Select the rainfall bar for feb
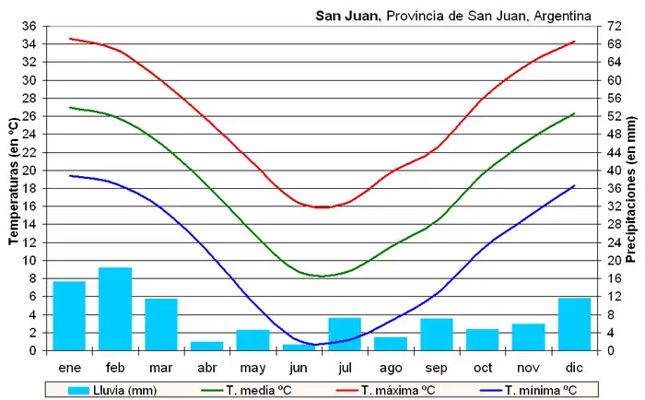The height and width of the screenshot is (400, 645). click(115, 309)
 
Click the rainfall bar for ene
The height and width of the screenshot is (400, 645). click(69, 315)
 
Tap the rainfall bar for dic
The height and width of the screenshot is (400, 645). click(574, 324)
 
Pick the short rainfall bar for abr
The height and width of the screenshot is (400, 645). click(206, 346)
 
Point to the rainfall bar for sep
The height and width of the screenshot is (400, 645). click(437, 334)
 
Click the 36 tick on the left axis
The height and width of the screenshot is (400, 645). click(28, 26)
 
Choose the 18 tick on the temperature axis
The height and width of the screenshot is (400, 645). click(28, 188)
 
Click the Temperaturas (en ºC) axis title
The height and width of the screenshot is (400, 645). click(12, 182)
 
